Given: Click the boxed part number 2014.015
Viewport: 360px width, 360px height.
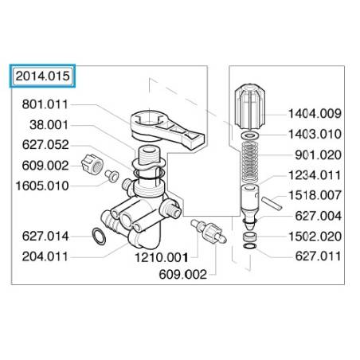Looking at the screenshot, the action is (42, 76).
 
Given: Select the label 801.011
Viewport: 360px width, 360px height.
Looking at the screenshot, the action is (45, 104).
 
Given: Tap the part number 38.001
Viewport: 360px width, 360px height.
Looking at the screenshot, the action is (49, 125).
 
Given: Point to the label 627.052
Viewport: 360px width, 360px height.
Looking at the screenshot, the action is (45, 145).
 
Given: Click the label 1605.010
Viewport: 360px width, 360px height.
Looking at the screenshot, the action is (42, 186).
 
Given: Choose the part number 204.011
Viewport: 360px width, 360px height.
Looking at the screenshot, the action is (45, 256).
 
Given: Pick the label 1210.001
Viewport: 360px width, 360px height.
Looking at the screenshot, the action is (162, 257).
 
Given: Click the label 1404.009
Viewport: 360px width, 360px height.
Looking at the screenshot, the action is (315, 114).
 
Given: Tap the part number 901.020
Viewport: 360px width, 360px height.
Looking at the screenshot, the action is (318, 155).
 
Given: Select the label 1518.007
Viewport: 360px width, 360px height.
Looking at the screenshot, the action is (315, 195).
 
